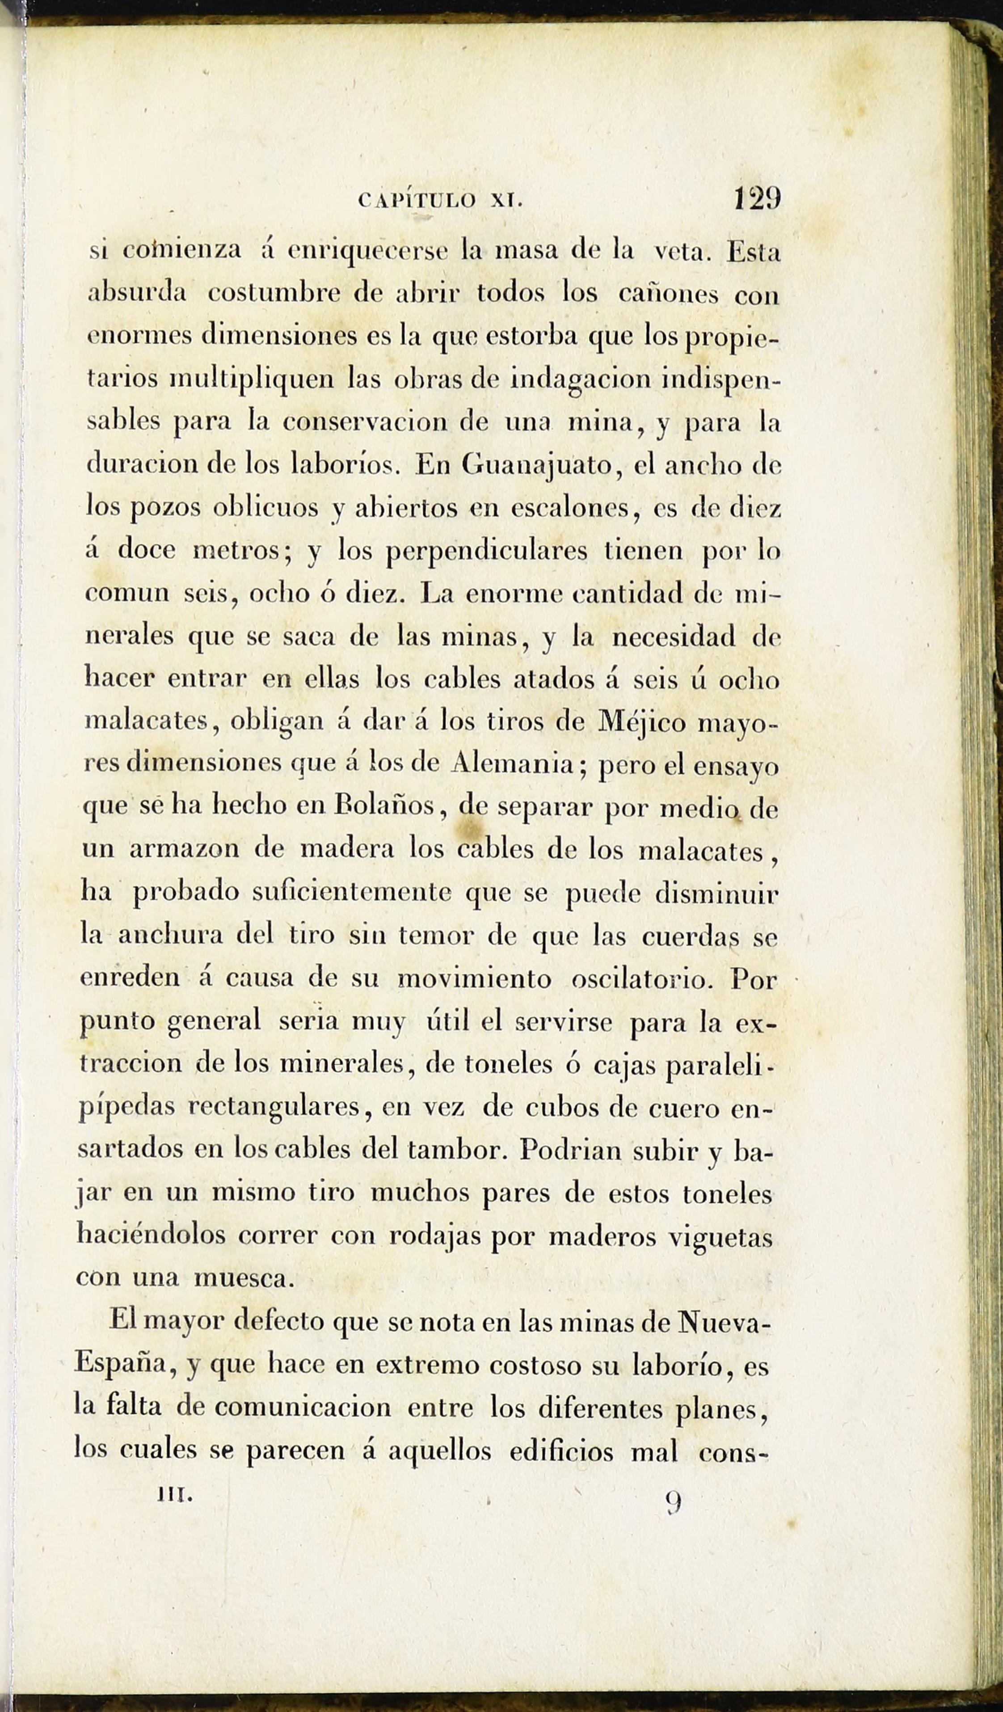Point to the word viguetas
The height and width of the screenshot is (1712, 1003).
(x=721, y=1236)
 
